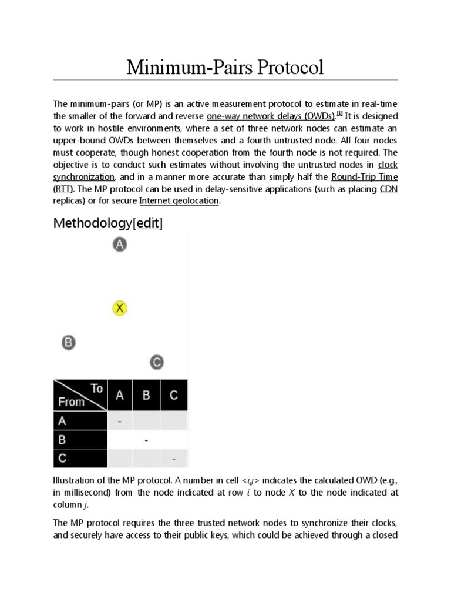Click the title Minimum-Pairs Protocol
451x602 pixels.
225,68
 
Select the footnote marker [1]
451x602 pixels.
340,113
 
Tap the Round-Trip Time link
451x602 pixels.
364,176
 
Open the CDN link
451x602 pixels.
389,189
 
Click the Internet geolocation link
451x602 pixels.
179,201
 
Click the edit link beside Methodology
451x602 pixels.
149,223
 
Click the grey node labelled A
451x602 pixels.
119,245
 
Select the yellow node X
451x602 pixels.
119,308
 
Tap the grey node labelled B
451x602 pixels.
69,342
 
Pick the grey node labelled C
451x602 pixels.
156,362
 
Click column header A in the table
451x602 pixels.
120,396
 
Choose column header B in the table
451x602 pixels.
146,396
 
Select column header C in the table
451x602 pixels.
174,396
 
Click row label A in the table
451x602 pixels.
62,421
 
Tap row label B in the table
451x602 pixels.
62,439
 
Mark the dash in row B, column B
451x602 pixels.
146,439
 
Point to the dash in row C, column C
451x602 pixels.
174,458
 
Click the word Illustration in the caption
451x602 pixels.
72,481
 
